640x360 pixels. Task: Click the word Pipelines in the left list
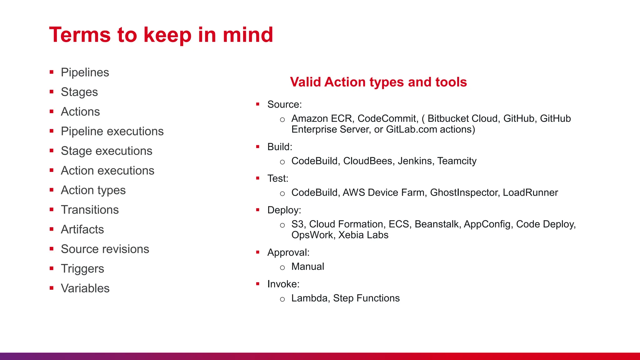pos(85,72)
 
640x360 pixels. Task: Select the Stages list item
pos(79,92)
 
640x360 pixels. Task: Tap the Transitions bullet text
pos(90,210)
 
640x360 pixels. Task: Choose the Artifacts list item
pos(82,229)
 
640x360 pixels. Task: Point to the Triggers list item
pos(82,269)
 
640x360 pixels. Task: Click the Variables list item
pos(85,288)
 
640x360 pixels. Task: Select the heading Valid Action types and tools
pos(378,82)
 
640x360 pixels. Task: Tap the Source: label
pos(284,104)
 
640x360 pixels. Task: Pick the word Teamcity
pos(457,161)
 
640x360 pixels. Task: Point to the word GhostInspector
pos(463,192)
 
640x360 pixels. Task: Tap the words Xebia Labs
pos(363,235)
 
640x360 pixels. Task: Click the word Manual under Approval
pos(307,267)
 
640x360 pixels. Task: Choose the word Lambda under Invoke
pos(309,298)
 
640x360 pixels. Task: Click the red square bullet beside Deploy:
pos(258,210)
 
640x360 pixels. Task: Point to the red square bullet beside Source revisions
pos(52,249)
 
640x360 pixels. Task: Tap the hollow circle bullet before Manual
pos(282,268)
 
